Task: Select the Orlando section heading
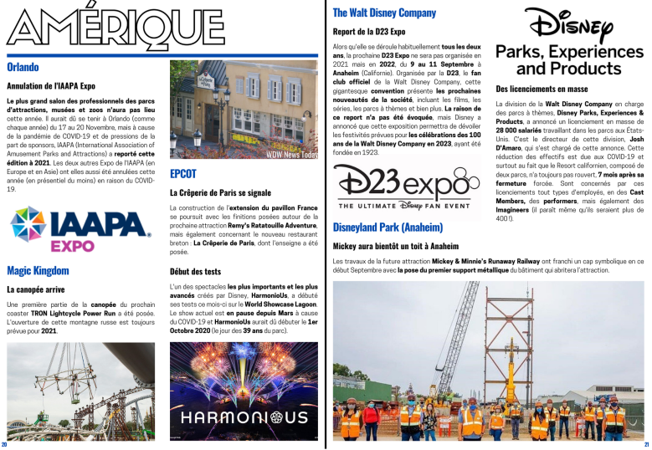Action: (23, 66)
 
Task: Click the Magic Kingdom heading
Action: (38, 270)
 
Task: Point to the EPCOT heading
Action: (182, 174)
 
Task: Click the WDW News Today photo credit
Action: (291, 155)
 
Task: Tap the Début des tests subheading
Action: (195, 272)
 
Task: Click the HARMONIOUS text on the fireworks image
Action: (243, 417)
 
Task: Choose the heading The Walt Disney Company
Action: (384, 13)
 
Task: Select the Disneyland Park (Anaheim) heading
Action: (388, 228)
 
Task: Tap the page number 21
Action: (646, 444)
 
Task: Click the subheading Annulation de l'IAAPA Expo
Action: (51, 85)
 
